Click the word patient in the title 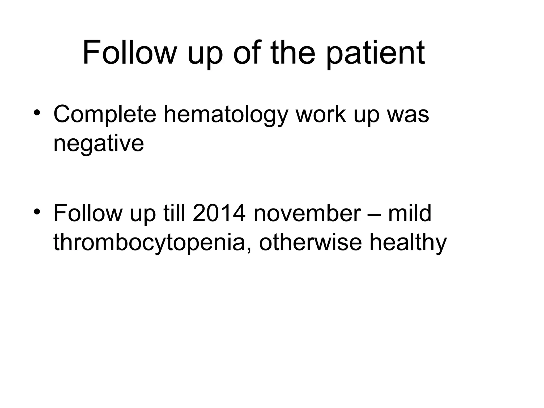point(375,53)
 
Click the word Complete point(105,115)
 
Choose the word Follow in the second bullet point(88,213)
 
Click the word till point(174,213)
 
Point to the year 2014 point(219,213)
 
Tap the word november point(307,213)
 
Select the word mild point(410,213)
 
